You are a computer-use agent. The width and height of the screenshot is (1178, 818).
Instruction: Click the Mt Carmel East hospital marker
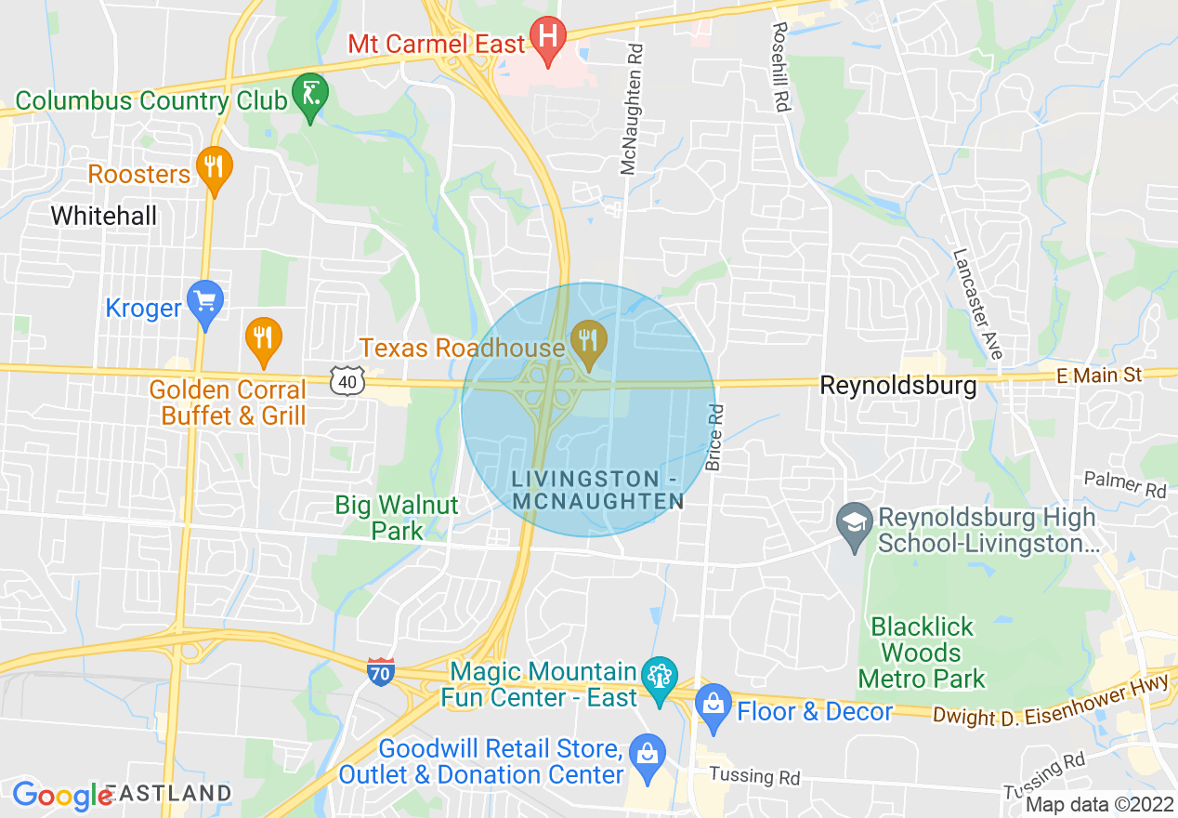pyautogui.click(x=547, y=38)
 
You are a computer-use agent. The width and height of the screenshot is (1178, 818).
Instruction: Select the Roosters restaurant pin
pyautogui.click(x=215, y=168)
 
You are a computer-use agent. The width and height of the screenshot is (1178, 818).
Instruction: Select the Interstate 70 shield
pyautogui.click(x=381, y=672)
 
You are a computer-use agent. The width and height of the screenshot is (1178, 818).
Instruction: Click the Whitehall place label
pyautogui.click(x=103, y=216)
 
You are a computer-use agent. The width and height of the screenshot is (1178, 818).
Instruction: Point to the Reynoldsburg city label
pyautogui.click(x=897, y=385)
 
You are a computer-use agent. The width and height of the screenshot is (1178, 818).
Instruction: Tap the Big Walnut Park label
pyautogui.click(x=397, y=518)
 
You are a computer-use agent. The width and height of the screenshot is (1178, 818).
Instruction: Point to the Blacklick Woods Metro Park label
pyautogui.click(x=921, y=653)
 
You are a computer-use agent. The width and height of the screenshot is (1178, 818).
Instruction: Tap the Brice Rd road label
pyautogui.click(x=713, y=437)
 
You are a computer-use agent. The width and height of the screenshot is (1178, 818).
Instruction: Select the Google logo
pyautogui.click(x=61, y=796)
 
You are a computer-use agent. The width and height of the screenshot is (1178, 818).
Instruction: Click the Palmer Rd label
pyautogui.click(x=1124, y=483)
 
